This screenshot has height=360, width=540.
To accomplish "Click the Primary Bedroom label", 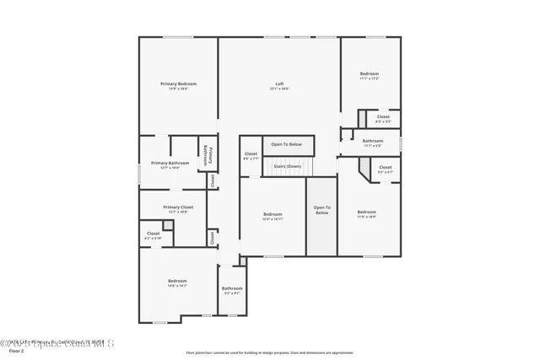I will (179, 83).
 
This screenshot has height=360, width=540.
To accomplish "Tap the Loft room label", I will (279, 83).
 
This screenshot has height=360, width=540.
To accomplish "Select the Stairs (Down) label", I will (287, 166).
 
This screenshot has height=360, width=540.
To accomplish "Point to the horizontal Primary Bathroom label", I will (170, 163).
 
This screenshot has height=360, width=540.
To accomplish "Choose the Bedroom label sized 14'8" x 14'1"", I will (177, 281).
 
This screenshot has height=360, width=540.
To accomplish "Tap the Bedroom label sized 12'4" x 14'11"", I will (273, 213).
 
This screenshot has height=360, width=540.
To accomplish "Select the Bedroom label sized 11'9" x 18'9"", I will (366, 212).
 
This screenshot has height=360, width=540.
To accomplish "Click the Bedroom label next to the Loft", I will (370, 74).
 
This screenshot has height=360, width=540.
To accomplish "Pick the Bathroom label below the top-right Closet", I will (373, 141).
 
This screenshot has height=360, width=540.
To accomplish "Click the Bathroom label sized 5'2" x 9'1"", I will (232, 288).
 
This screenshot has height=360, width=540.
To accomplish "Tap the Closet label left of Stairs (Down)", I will (251, 153).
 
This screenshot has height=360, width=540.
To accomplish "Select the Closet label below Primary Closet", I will (154, 234).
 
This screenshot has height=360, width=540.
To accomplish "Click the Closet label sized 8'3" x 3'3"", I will (383, 116).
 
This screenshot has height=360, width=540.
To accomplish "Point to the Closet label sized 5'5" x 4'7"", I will (385, 167).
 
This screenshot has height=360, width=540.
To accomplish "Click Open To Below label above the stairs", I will (287, 144).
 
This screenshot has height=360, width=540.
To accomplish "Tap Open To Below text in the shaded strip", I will (321, 210).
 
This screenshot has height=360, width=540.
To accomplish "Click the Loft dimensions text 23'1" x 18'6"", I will (279, 89).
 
